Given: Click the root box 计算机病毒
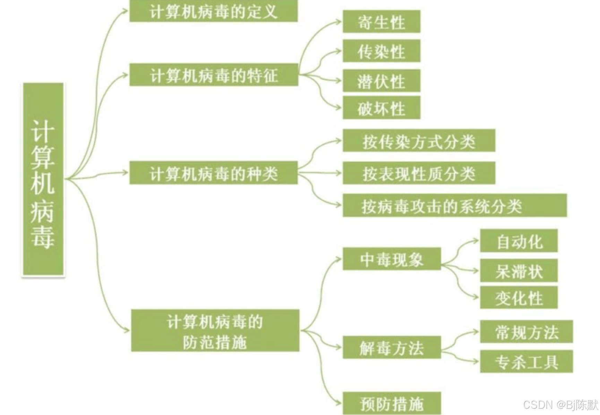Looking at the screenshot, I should (x=43, y=179).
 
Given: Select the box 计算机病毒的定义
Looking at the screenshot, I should (x=213, y=11).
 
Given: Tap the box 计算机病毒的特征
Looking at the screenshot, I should (x=213, y=75).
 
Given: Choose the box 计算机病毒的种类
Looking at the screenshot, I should (x=213, y=173).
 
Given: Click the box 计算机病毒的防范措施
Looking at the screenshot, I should (x=215, y=331).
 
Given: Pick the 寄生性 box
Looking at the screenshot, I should (x=382, y=22).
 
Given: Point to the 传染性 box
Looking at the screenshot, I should (x=382, y=51).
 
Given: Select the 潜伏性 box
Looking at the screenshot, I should (x=382, y=81).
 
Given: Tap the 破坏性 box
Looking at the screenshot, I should (x=382, y=108).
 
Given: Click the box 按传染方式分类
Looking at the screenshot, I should (x=419, y=141).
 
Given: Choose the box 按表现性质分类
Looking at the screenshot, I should (x=419, y=173).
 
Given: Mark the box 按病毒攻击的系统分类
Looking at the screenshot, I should (x=454, y=206).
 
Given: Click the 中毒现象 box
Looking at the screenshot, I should (x=392, y=259).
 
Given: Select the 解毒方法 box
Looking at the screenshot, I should (x=392, y=347).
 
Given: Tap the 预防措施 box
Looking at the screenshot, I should (x=392, y=403).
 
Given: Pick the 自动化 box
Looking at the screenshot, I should (x=518, y=241).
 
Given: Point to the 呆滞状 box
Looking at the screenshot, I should (x=518, y=270).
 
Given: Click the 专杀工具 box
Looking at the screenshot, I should (x=526, y=362).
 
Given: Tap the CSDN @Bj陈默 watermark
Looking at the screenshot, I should (x=560, y=405).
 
